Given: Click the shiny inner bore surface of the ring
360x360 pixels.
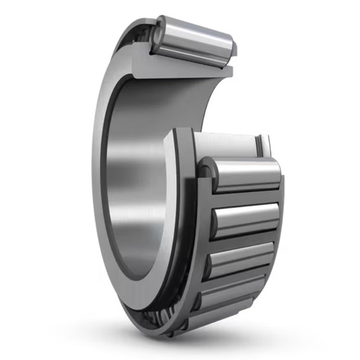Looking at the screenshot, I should pos(134,176).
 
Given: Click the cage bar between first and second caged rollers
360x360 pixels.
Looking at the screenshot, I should pos(243,198).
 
